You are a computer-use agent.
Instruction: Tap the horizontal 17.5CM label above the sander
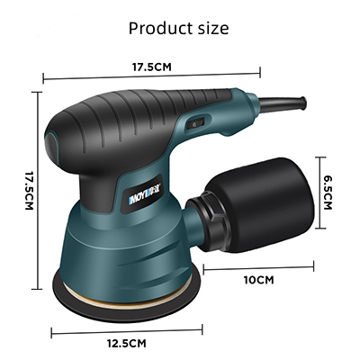click(x=152, y=67)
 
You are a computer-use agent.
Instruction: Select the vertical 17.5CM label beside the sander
click(x=29, y=191)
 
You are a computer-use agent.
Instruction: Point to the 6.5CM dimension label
click(x=328, y=193)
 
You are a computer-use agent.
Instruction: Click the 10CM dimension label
click(x=259, y=280)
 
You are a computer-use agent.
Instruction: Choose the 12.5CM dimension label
click(x=127, y=343)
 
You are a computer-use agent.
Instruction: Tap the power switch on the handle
click(x=195, y=123)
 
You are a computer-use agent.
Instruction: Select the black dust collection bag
click(x=259, y=204)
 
